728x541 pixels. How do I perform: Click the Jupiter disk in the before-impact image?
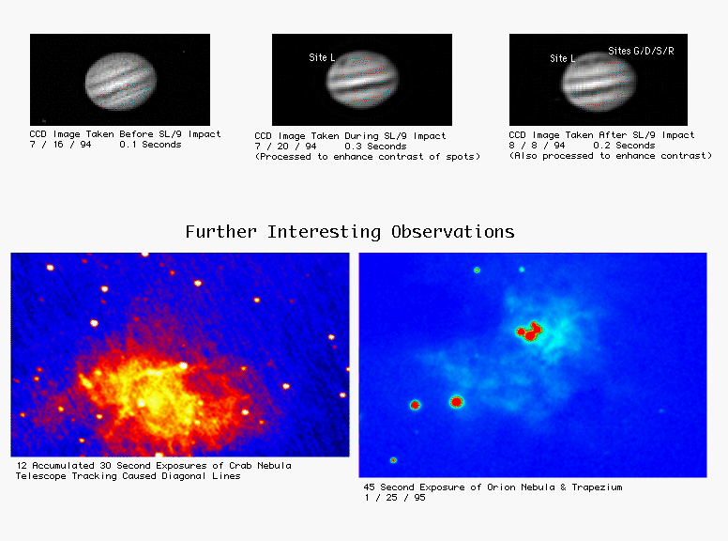pos(121,81)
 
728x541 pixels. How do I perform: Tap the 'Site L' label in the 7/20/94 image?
pos(322,57)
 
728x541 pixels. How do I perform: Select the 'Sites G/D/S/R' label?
pos(641,51)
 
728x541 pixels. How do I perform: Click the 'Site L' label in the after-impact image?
pos(562,58)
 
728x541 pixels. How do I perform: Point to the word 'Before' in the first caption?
pos(136,134)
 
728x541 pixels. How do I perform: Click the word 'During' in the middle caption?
pos(361,136)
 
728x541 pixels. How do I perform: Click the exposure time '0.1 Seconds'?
pos(150,145)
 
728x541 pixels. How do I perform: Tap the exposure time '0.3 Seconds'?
pos(375,147)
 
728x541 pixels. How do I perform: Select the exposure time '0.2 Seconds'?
pos(624,146)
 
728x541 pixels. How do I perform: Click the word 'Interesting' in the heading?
pos(324,231)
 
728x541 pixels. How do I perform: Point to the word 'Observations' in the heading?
pos(453,231)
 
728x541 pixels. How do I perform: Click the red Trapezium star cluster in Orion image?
pos(529,332)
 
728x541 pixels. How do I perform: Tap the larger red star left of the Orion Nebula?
pos(456,402)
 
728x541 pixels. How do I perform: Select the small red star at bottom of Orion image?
pos(393,460)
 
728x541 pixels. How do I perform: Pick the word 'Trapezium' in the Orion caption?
pos(597,487)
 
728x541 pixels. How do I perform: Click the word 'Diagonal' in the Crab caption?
pos(183,476)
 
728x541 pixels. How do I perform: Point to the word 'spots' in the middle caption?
pos(460,157)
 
